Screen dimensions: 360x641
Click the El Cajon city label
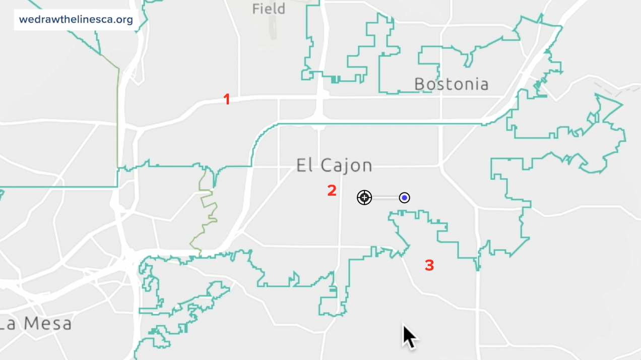[x=334, y=165]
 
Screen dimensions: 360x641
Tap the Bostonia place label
[x=451, y=84]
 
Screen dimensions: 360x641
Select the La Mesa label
[x=35, y=323]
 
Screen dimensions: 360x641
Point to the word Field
[x=269, y=9]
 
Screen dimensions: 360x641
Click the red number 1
[x=227, y=99]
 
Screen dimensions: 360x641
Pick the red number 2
[x=332, y=191]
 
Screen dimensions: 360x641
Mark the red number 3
[x=429, y=265]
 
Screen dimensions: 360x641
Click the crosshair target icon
[x=364, y=198]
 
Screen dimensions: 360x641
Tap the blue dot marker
[x=404, y=198]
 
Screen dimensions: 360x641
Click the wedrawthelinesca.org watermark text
[x=76, y=20]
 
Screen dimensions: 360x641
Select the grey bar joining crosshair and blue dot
[x=384, y=198]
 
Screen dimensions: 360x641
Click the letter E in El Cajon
[x=301, y=165]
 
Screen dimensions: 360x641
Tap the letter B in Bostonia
[x=419, y=84]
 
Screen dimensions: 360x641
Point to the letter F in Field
[x=256, y=9]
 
